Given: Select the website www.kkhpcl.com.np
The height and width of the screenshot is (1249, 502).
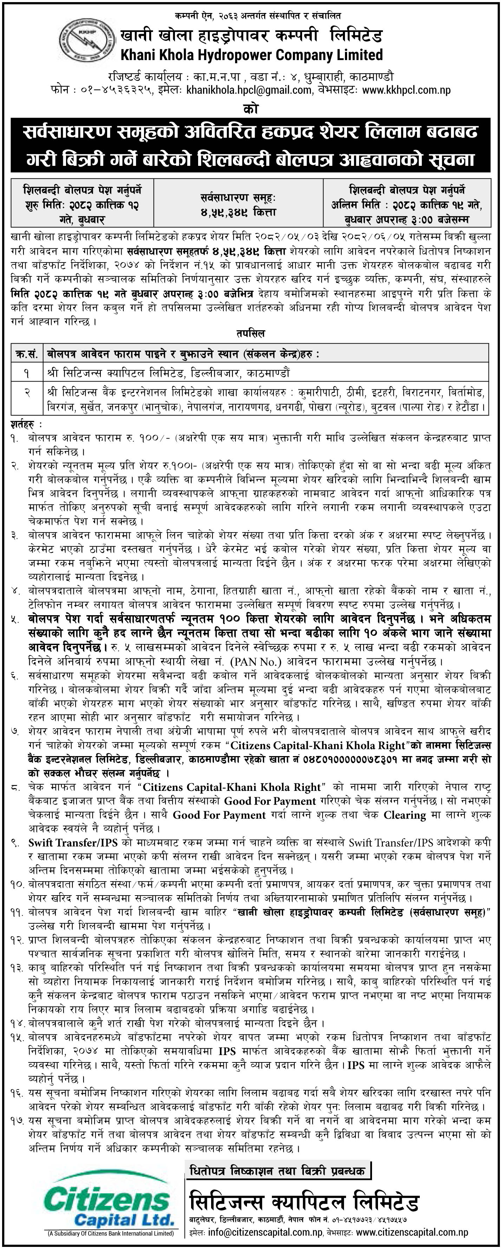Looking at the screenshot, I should coord(406,89).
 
